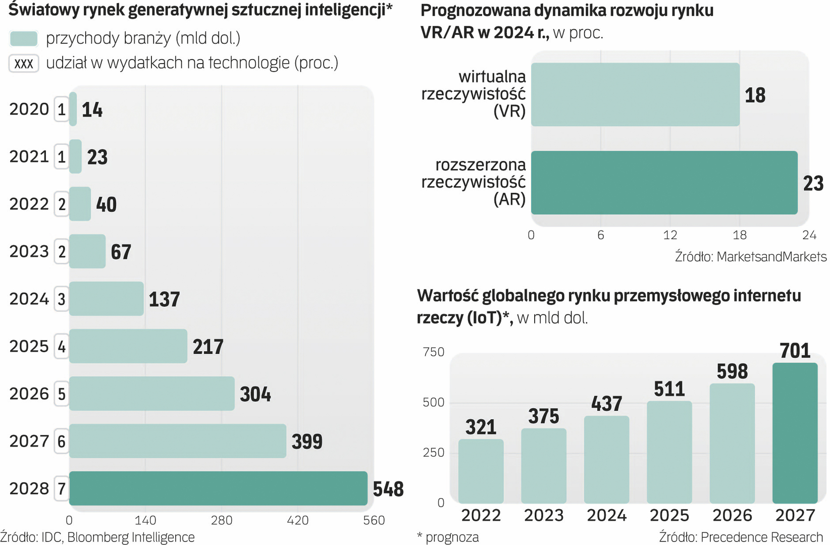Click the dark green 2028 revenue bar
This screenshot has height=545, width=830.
coord(218,488)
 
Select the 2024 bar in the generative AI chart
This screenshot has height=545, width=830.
coord(107,299)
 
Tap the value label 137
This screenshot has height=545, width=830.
coord(164,299)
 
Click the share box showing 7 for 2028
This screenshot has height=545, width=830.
coord(62,488)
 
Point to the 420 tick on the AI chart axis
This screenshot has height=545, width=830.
coord(297,520)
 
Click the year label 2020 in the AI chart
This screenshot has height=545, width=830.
coord(29,109)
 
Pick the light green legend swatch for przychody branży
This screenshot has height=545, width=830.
coord(24,38)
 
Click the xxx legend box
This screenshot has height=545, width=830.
coord(24,64)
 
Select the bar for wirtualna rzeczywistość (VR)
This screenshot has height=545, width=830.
coord(635,94)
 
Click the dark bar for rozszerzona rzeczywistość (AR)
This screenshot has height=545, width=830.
coord(664,183)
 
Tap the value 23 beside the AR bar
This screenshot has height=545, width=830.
coord(813,183)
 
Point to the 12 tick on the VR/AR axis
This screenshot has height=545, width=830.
coord(670,235)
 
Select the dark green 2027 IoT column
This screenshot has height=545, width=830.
coord(795,432)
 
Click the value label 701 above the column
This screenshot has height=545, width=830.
coord(795,351)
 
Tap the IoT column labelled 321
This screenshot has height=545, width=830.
coord(481,471)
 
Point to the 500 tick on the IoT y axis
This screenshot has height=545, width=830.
coord(433,402)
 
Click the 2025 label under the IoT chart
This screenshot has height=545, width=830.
coord(669,515)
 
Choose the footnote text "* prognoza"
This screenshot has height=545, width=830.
coord(448,537)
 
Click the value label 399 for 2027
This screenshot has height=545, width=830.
coord(307,442)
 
